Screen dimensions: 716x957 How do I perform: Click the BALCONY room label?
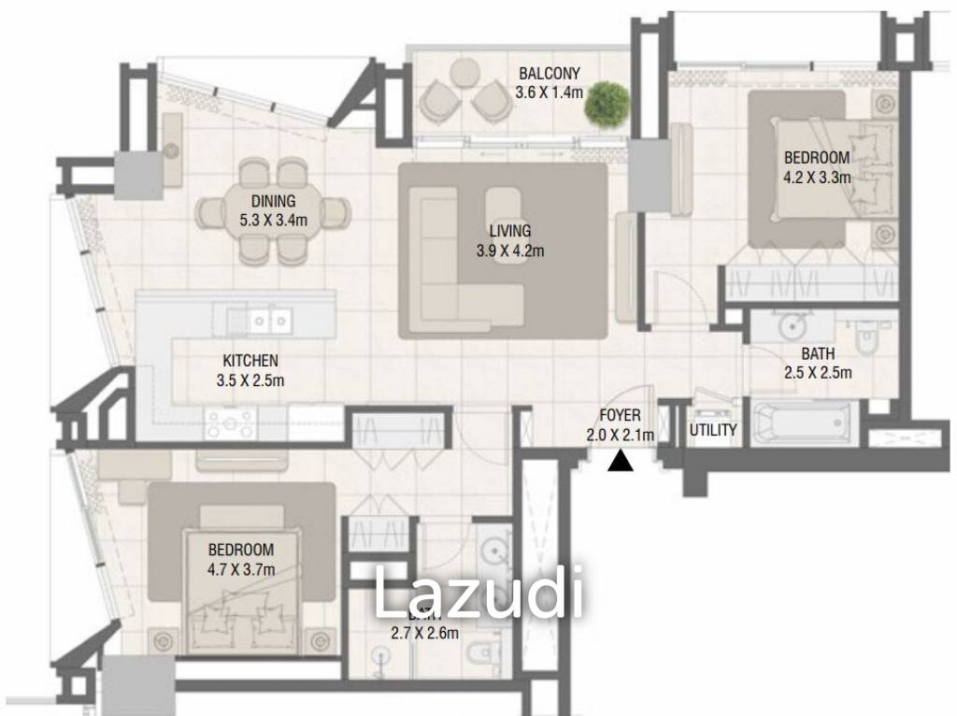pos(550,74)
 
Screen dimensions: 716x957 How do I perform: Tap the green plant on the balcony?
pos(606,102)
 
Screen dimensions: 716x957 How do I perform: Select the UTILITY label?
pos(713,430)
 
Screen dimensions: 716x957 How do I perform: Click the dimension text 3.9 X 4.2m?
pos(509,250)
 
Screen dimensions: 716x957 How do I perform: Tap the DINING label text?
pos(273,201)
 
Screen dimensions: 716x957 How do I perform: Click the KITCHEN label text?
pos(250,361)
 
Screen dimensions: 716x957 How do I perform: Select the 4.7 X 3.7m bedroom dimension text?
pos(240,568)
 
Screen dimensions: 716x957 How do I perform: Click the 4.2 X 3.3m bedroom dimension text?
pos(816,176)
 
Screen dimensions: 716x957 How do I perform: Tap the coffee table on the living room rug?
pos(504,216)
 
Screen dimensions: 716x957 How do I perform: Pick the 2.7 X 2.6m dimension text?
pos(424,633)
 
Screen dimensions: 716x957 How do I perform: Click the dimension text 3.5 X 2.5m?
pos(250,379)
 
